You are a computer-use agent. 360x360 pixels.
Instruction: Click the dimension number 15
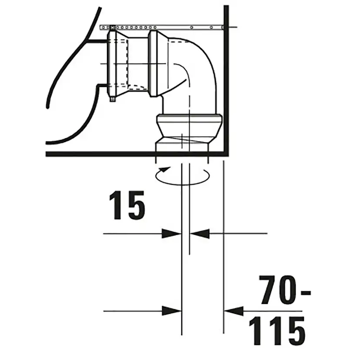coord(127,206)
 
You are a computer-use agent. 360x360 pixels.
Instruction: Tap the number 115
coord(277,331)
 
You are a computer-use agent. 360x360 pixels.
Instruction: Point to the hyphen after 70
coord(306,293)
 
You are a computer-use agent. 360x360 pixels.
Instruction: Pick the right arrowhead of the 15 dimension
coord(200,234)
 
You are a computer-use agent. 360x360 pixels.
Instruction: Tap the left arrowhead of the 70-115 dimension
coord(172,311)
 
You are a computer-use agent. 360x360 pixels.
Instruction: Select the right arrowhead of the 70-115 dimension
coord(233,311)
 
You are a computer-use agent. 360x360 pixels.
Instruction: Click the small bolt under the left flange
coord(112,99)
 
